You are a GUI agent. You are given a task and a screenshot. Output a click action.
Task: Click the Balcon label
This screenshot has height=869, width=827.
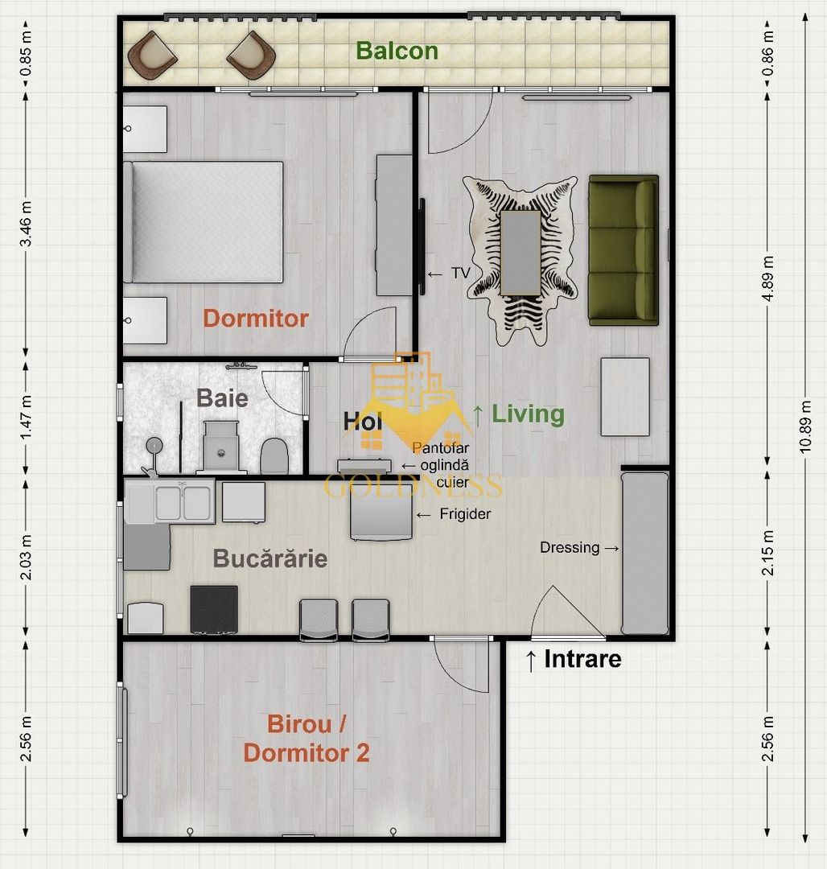click(397, 51)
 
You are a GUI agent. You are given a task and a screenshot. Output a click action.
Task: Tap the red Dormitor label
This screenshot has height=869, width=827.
click(255, 318)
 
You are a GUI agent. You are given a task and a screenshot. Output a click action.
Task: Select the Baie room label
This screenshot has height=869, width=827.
click(222, 397)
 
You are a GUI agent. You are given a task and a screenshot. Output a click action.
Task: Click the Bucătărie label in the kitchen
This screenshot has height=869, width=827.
click(269, 558)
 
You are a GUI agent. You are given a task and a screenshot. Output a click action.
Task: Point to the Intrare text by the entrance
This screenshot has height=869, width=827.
click(582, 659)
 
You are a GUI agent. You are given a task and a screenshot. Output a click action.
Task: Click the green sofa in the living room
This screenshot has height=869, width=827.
click(623, 250)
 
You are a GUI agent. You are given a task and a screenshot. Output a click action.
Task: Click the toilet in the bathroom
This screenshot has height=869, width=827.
click(274, 456)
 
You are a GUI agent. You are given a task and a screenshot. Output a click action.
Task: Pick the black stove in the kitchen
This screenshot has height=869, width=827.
click(214, 609)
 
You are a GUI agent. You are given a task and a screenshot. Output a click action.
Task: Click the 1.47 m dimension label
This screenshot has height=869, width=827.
click(26, 416)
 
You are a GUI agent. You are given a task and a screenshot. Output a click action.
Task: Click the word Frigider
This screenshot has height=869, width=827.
click(465, 514)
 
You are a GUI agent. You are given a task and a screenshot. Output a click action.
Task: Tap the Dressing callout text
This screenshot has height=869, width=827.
click(570, 548)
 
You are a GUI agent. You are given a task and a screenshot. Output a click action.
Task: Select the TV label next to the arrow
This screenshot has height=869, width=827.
click(460, 274)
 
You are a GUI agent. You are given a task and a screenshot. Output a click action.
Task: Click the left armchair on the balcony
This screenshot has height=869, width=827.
click(153, 55)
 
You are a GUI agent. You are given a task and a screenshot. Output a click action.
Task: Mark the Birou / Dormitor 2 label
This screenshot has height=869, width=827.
click(307, 739)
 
